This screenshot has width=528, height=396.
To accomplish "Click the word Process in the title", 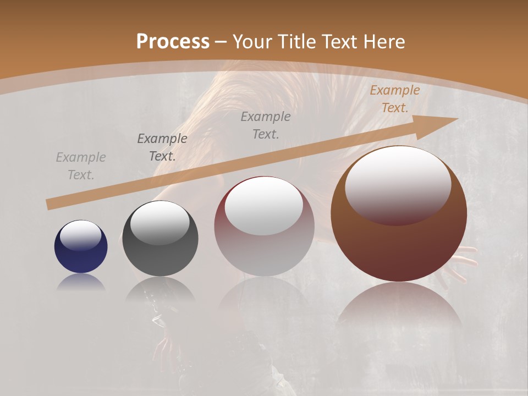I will pyautogui.click(x=173, y=41).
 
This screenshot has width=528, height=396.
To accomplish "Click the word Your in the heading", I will pyautogui.click(x=252, y=41).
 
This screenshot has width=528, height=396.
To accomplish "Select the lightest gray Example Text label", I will pyautogui.click(x=81, y=166).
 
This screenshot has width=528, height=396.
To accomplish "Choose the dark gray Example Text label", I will pyautogui.click(x=162, y=147).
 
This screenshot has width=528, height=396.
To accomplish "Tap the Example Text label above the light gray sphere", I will pyautogui.click(x=266, y=125).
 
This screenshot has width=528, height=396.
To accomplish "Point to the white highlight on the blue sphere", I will pyautogui.click(x=80, y=235).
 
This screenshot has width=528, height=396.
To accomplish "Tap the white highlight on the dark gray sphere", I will pyautogui.click(x=159, y=222).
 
